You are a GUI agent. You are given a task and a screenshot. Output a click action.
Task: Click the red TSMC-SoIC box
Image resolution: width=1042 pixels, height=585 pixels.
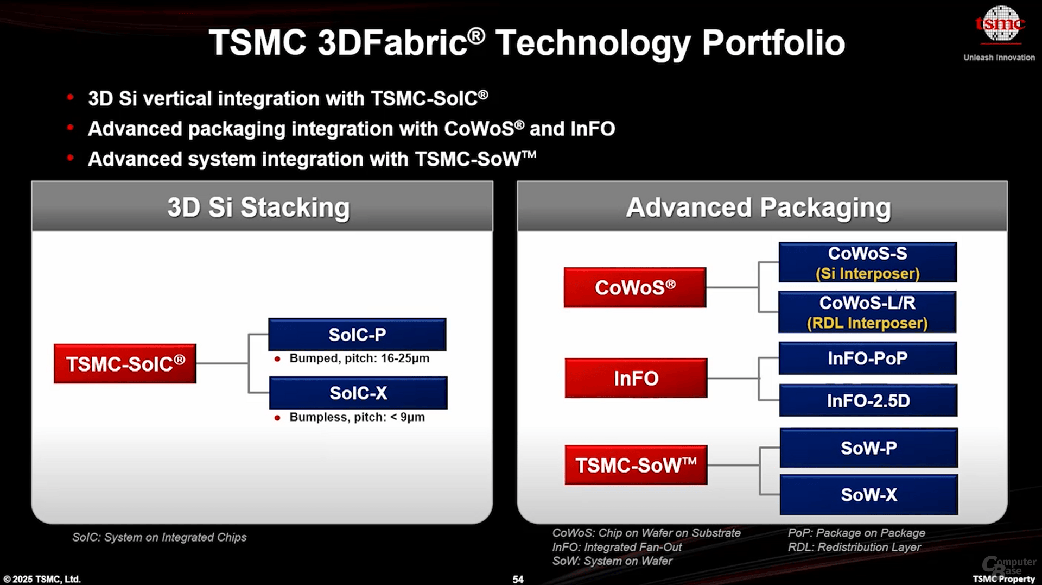(x=125, y=363)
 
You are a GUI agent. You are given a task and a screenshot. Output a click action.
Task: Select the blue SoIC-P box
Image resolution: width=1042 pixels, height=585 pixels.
(x=357, y=335)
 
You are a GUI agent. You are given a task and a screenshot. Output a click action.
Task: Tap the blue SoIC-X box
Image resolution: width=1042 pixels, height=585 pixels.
(x=358, y=393)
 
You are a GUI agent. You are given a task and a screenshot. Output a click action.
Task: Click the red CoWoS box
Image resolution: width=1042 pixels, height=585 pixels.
(x=635, y=287)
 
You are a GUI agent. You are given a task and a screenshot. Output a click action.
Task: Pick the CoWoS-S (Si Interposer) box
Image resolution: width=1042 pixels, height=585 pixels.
(x=867, y=262)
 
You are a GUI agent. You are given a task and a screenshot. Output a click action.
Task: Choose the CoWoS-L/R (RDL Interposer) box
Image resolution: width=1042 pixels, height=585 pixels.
(x=867, y=312)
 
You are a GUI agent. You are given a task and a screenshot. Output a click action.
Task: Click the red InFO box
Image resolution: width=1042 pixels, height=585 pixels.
(x=636, y=378)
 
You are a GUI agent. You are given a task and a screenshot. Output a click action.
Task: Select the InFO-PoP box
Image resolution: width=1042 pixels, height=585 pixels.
(x=867, y=358)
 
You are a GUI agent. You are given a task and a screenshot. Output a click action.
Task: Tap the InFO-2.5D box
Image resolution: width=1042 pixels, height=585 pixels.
(x=868, y=401)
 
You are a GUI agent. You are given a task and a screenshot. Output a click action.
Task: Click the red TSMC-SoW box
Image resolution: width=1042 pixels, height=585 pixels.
(x=636, y=465)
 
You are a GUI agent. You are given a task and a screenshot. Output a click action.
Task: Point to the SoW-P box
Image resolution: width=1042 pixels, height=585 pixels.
(x=868, y=448)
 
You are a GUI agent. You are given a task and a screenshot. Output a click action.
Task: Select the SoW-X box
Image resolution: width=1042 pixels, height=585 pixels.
(x=868, y=495)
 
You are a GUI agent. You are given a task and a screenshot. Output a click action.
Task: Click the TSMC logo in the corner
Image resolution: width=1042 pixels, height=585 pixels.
(x=1000, y=24)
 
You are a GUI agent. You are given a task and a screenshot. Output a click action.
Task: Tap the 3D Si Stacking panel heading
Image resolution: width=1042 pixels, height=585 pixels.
(x=259, y=207)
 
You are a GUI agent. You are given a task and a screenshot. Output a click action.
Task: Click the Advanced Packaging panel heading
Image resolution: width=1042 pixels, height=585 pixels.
(x=758, y=207)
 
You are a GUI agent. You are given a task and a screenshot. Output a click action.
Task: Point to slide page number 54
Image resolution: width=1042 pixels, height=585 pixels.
(x=518, y=579)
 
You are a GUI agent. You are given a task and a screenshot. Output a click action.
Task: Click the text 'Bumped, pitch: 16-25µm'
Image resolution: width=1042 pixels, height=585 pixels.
(x=359, y=358)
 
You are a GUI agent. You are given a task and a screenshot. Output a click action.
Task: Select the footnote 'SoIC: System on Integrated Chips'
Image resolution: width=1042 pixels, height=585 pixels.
(x=159, y=537)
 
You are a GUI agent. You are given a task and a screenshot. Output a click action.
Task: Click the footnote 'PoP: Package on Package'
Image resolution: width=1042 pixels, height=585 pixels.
(x=856, y=533)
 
